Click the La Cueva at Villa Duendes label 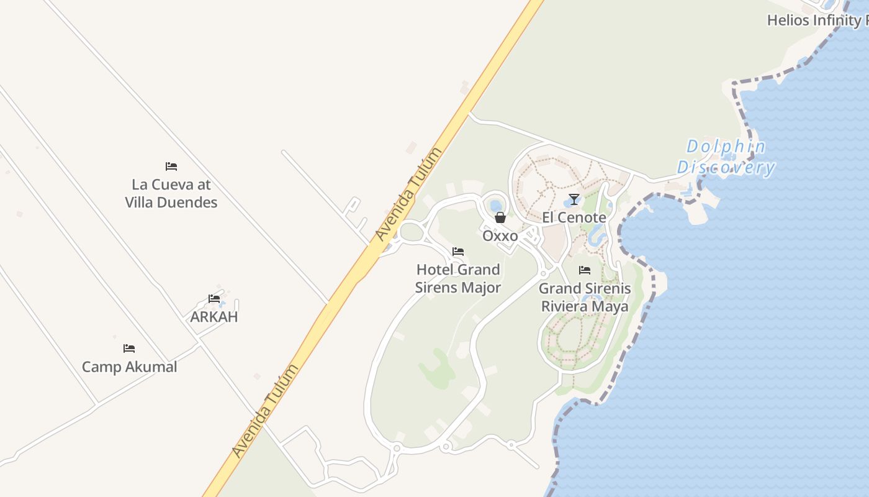[171, 193]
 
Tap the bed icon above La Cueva [171, 166]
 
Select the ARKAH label [214, 317]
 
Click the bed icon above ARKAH [214, 299]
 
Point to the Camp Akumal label [130, 367]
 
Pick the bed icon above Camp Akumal [129, 349]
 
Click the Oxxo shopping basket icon [500, 217]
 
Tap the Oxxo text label [500, 236]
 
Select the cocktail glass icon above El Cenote [574, 199]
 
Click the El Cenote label [574, 217]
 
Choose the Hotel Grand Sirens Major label [458, 278]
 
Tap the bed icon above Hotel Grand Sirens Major [458, 252]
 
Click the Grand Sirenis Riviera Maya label [585, 297]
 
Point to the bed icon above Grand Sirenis [585, 270]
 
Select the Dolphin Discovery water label [726, 157]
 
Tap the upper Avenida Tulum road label [409, 194]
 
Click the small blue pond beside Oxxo [496, 206]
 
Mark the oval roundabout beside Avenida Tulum [410, 232]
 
